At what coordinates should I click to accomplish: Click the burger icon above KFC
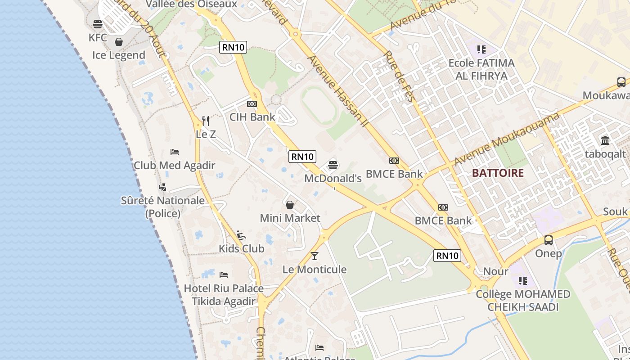click(98, 24)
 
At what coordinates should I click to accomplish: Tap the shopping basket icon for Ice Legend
click(119, 42)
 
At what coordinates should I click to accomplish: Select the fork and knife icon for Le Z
click(206, 121)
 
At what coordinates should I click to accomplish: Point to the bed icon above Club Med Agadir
click(175, 152)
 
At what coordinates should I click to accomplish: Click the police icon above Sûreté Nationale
click(162, 187)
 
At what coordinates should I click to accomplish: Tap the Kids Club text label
click(241, 248)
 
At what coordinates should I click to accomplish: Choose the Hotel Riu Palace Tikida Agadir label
click(224, 295)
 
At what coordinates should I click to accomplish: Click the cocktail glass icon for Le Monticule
click(315, 256)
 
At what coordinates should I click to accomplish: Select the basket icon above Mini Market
click(290, 205)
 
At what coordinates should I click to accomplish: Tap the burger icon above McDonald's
click(333, 165)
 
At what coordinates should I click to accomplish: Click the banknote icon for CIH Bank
click(252, 104)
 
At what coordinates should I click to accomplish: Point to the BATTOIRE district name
click(498, 173)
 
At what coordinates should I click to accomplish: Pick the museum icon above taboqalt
click(605, 140)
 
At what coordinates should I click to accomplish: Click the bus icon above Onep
click(549, 240)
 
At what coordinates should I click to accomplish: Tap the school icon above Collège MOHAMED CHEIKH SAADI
click(522, 281)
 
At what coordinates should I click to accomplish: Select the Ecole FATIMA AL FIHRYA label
click(481, 69)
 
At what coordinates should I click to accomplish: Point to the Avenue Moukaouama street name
click(507, 139)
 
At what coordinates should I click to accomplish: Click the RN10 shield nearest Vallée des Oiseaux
click(233, 47)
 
